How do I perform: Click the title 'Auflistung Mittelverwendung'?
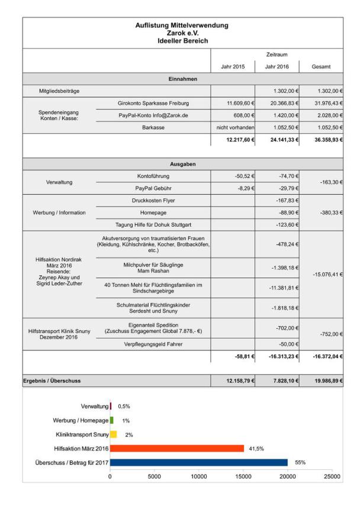tap(182, 25)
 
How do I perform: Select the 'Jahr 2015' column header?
tap(233, 67)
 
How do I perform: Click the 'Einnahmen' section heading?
tap(182, 79)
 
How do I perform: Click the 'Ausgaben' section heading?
tap(182, 164)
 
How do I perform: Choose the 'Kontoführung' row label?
tap(153, 176)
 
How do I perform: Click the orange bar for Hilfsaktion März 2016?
tap(177, 448)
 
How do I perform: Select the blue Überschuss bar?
tap(199, 462)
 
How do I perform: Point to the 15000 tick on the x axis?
tap(243, 475)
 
